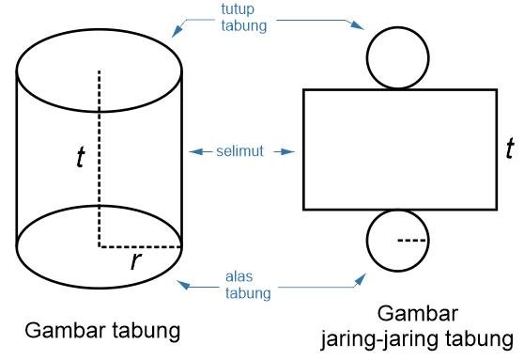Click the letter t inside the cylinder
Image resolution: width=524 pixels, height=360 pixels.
[81, 158]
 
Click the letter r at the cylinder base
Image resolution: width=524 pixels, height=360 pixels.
[136, 260]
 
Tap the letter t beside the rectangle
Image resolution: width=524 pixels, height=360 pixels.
[509, 148]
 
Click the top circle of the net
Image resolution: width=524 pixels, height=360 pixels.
[398, 57]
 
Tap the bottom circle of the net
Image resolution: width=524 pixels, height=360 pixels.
[398, 240]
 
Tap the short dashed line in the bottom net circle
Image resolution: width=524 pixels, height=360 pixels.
[411, 241]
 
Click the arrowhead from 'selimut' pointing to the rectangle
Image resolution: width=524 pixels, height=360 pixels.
[293, 151]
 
